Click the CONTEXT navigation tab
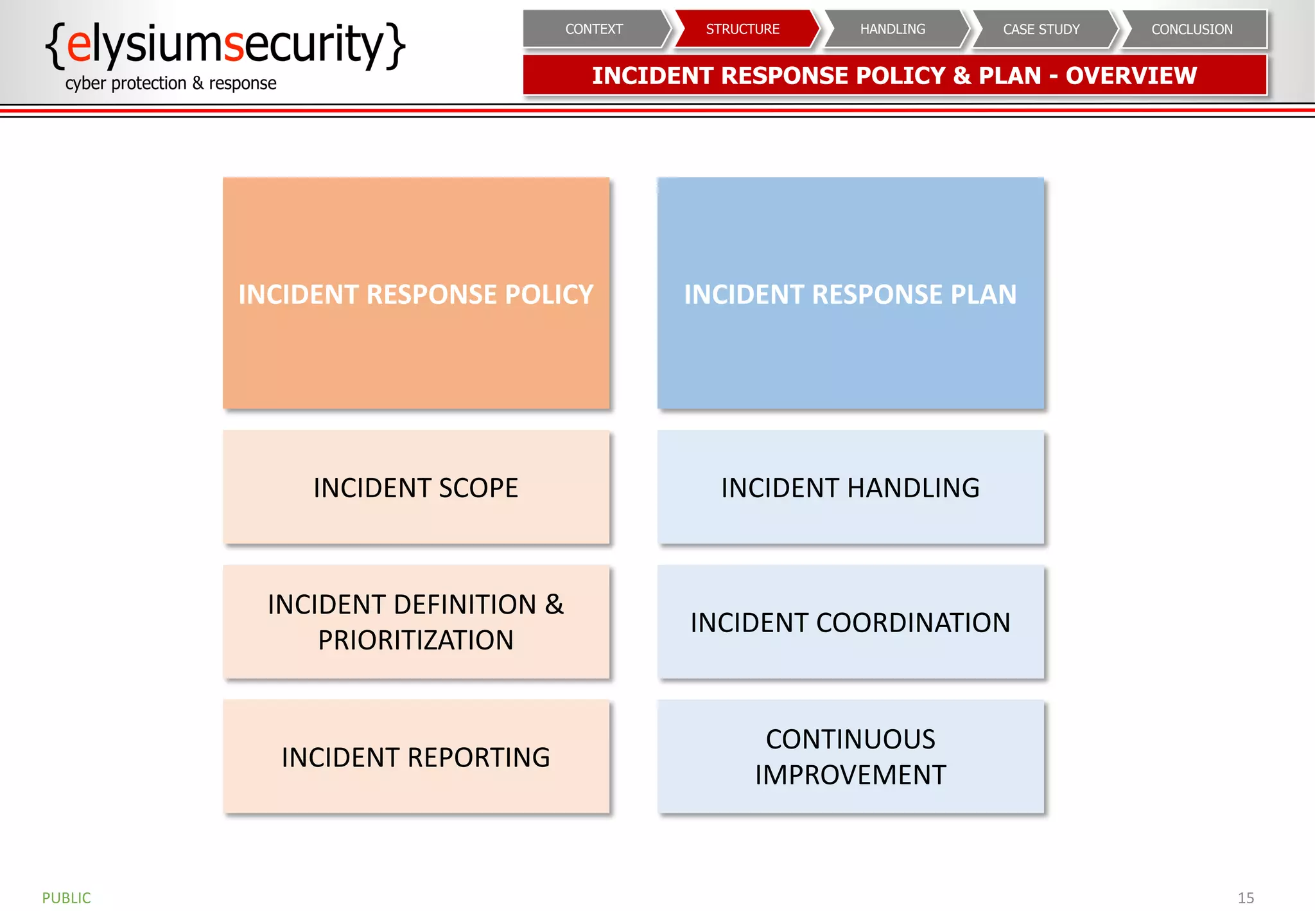pos(594,29)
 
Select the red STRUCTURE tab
pos(743,29)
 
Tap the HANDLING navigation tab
pos(893,29)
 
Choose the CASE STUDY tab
pos(1041,29)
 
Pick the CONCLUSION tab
pos(1192,29)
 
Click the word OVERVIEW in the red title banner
pos(1131,76)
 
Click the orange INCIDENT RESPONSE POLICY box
pos(416,294)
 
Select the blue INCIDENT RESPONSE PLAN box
pos(850,294)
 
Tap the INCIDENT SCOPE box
pos(416,488)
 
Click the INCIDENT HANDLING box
pos(850,488)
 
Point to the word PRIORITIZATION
pos(416,640)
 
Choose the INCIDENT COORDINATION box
pos(850,622)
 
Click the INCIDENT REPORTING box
pos(416,757)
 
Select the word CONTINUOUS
pos(850,739)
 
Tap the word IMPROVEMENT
pos(850,775)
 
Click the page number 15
pos(1246,898)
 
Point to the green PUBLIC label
pos(67,898)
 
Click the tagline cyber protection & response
pos(171,84)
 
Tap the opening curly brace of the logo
pos(56,45)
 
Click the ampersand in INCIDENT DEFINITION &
pos(554,605)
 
